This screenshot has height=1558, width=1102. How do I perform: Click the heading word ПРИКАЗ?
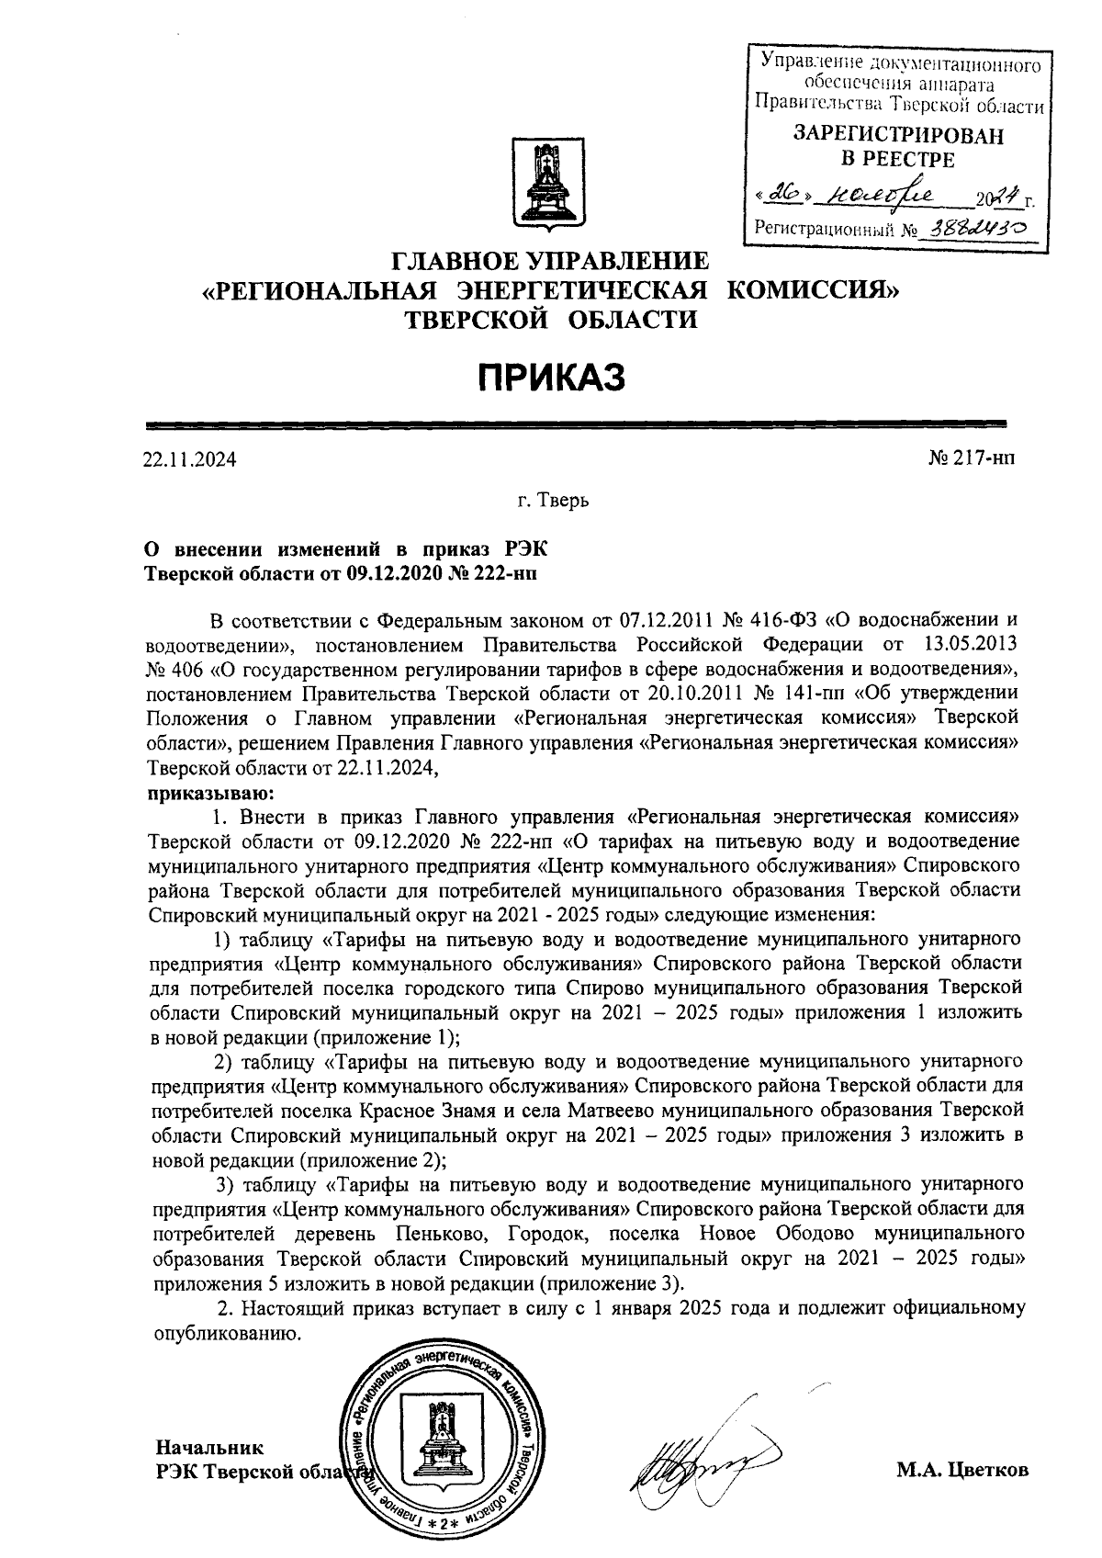550,378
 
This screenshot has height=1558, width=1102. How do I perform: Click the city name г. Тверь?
550,502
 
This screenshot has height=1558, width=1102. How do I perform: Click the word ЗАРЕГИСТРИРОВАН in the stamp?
898,135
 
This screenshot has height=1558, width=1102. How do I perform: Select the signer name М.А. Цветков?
962,1470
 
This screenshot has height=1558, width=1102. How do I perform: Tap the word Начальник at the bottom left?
209,1448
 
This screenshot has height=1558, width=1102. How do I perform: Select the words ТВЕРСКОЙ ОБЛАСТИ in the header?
550,320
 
